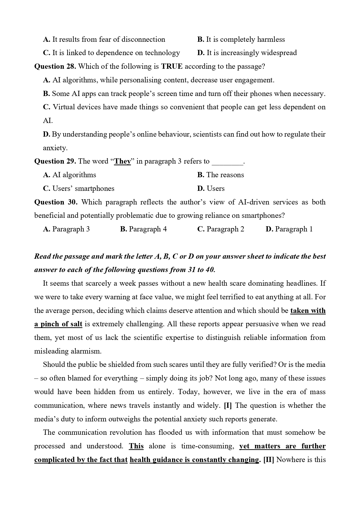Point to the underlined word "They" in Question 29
(122, 161)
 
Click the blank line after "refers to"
(228, 162)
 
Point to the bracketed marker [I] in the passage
(228, 405)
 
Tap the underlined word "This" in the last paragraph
(136, 446)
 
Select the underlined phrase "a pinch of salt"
(58, 324)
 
